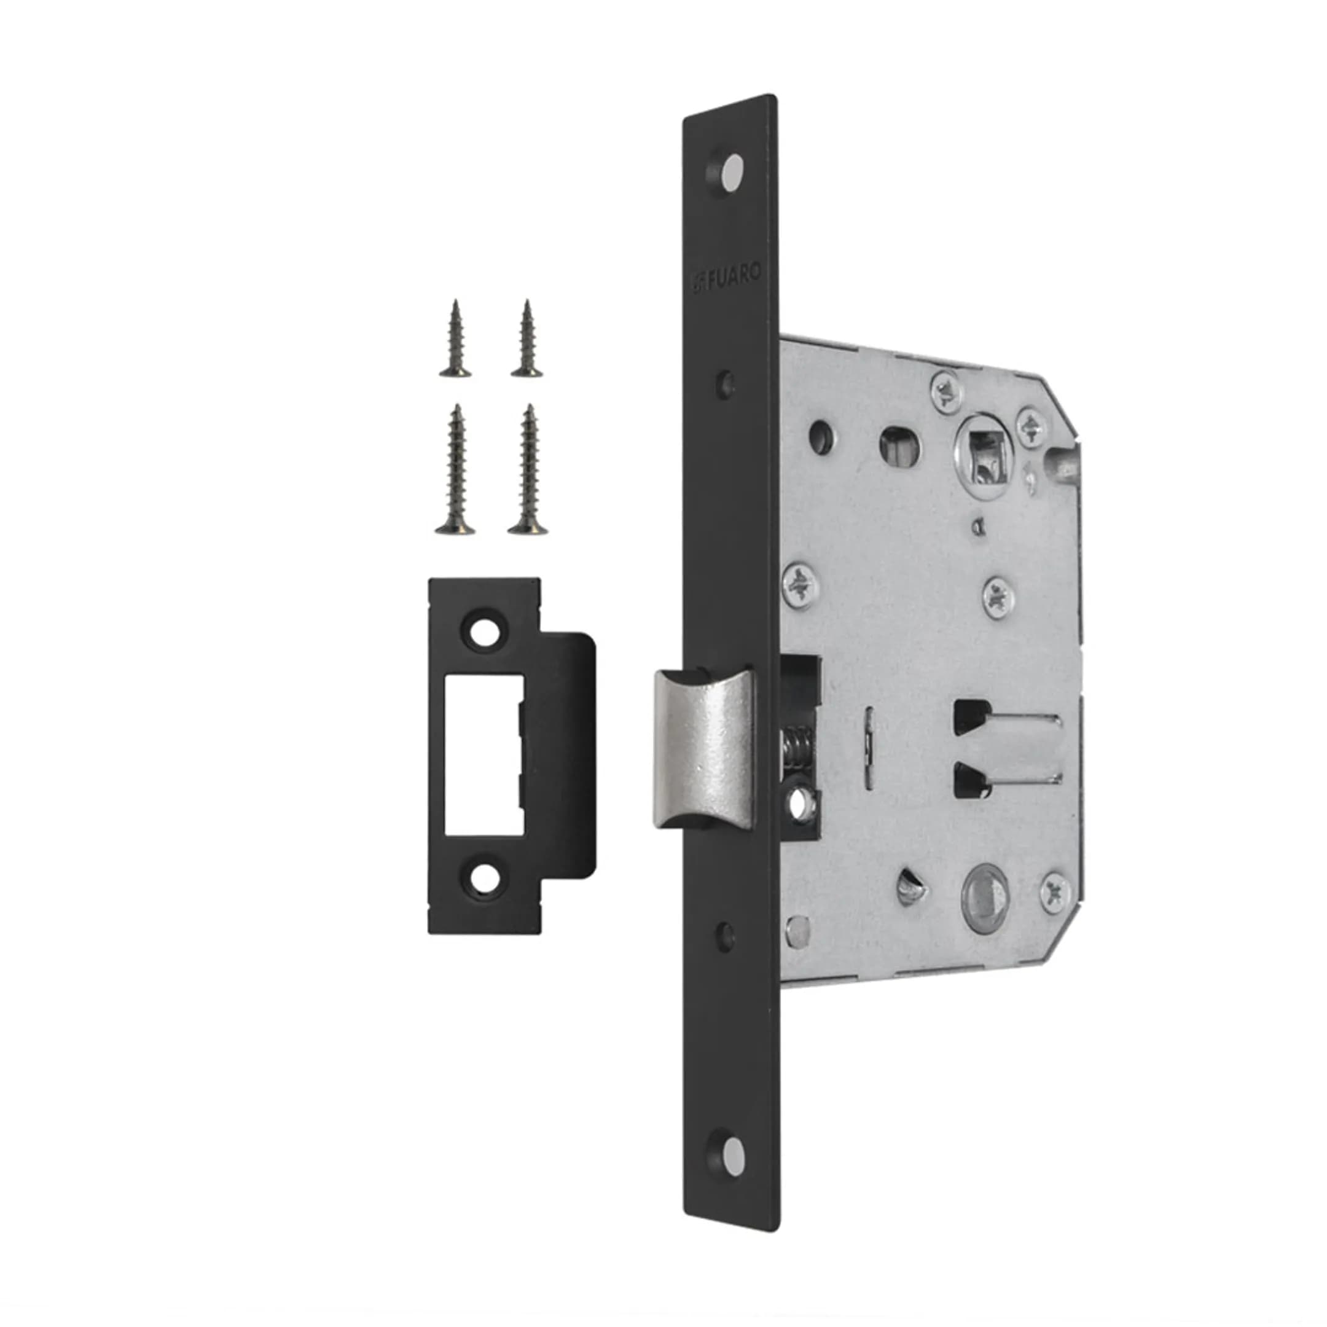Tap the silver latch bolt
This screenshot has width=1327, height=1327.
click(x=703, y=749)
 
